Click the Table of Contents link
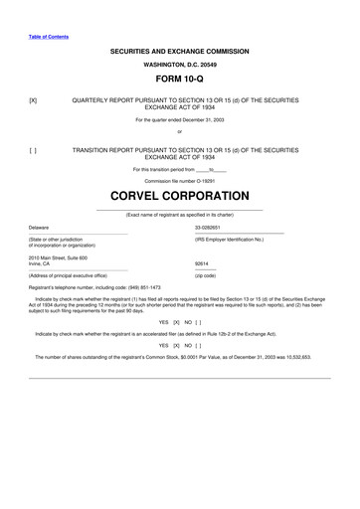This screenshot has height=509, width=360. (49, 38)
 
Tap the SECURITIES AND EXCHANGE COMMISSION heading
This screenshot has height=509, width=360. (180, 51)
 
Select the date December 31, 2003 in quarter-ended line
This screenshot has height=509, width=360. (203, 120)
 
